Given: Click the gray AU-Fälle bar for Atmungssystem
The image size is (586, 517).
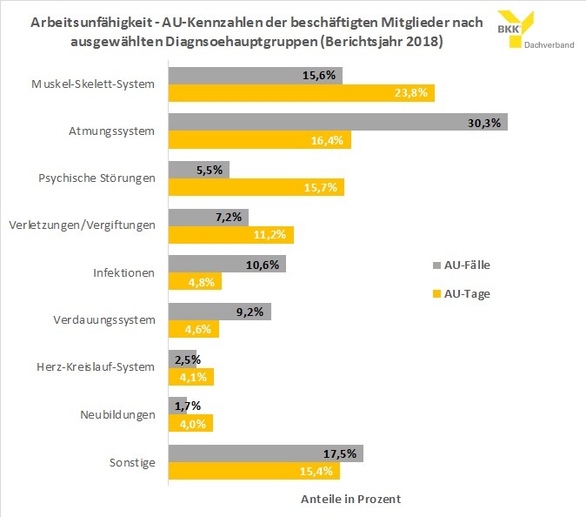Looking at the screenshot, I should [x=337, y=123].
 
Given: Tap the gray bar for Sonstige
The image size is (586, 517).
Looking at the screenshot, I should [x=265, y=453].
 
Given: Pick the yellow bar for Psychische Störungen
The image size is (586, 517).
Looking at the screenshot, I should [x=256, y=188].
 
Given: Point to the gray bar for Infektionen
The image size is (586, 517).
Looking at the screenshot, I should [x=226, y=264].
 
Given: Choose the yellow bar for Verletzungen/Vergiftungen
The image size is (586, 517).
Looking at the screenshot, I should [x=230, y=235].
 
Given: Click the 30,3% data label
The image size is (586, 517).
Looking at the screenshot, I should [x=483, y=123].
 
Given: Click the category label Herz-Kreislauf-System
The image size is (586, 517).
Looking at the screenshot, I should [x=103, y=366].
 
